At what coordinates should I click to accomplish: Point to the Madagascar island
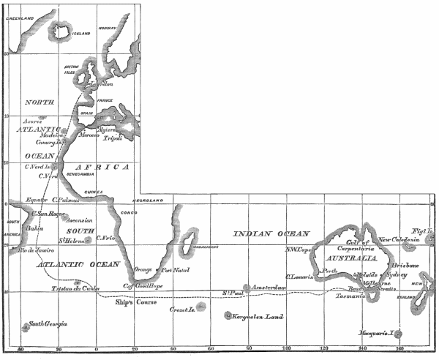coord(187,239)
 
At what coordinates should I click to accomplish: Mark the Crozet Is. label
coord(182,310)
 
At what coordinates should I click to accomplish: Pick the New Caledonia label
coord(399,239)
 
